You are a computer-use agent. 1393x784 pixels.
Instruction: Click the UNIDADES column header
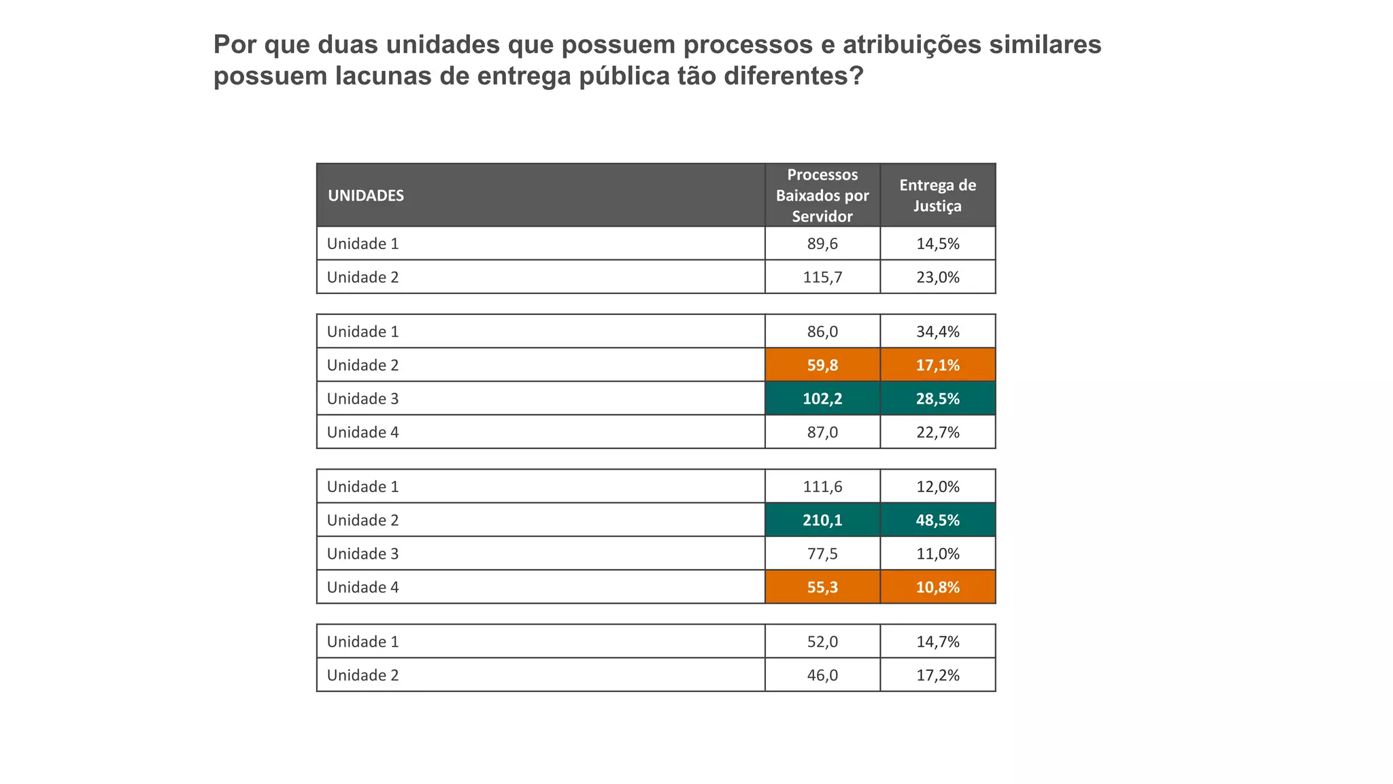click(366, 195)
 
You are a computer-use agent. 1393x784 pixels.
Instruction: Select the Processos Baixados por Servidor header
click(822, 195)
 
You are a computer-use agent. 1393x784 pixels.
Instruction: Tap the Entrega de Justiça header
click(937, 195)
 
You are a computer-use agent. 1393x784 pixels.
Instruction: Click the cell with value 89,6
click(822, 244)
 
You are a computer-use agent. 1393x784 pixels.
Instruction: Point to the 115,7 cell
click(822, 277)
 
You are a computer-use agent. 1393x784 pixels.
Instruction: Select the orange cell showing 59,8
click(822, 365)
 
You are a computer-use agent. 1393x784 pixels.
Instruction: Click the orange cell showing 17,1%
click(937, 365)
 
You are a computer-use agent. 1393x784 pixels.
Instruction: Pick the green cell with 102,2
click(822, 398)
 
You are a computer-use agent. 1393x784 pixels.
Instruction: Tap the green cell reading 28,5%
click(937, 398)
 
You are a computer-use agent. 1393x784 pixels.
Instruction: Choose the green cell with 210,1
click(822, 520)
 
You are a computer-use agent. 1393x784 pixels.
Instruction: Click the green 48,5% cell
click(937, 520)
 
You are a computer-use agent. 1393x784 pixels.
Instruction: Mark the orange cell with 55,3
click(822, 587)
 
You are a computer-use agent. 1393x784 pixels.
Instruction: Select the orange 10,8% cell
click(937, 587)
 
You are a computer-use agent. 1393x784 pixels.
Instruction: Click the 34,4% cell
click(937, 331)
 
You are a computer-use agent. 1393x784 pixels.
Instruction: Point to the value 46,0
click(822, 675)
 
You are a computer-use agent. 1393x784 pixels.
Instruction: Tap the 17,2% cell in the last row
click(937, 675)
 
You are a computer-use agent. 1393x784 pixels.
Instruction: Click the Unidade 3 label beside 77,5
click(363, 553)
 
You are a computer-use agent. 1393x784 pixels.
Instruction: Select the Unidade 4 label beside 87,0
click(363, 432)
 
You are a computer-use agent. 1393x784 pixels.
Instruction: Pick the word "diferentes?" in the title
click(793, 76)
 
